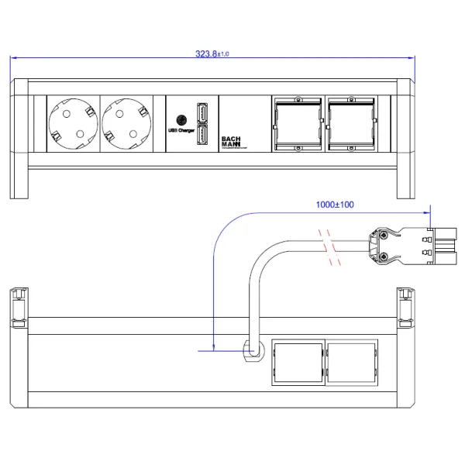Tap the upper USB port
[201, 112]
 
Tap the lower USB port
[201, 136]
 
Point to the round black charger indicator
[181, 121]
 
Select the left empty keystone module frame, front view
[298, 124]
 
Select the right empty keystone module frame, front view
[351, 124]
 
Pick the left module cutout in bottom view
[296, 362]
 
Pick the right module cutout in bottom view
[351, 362]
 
